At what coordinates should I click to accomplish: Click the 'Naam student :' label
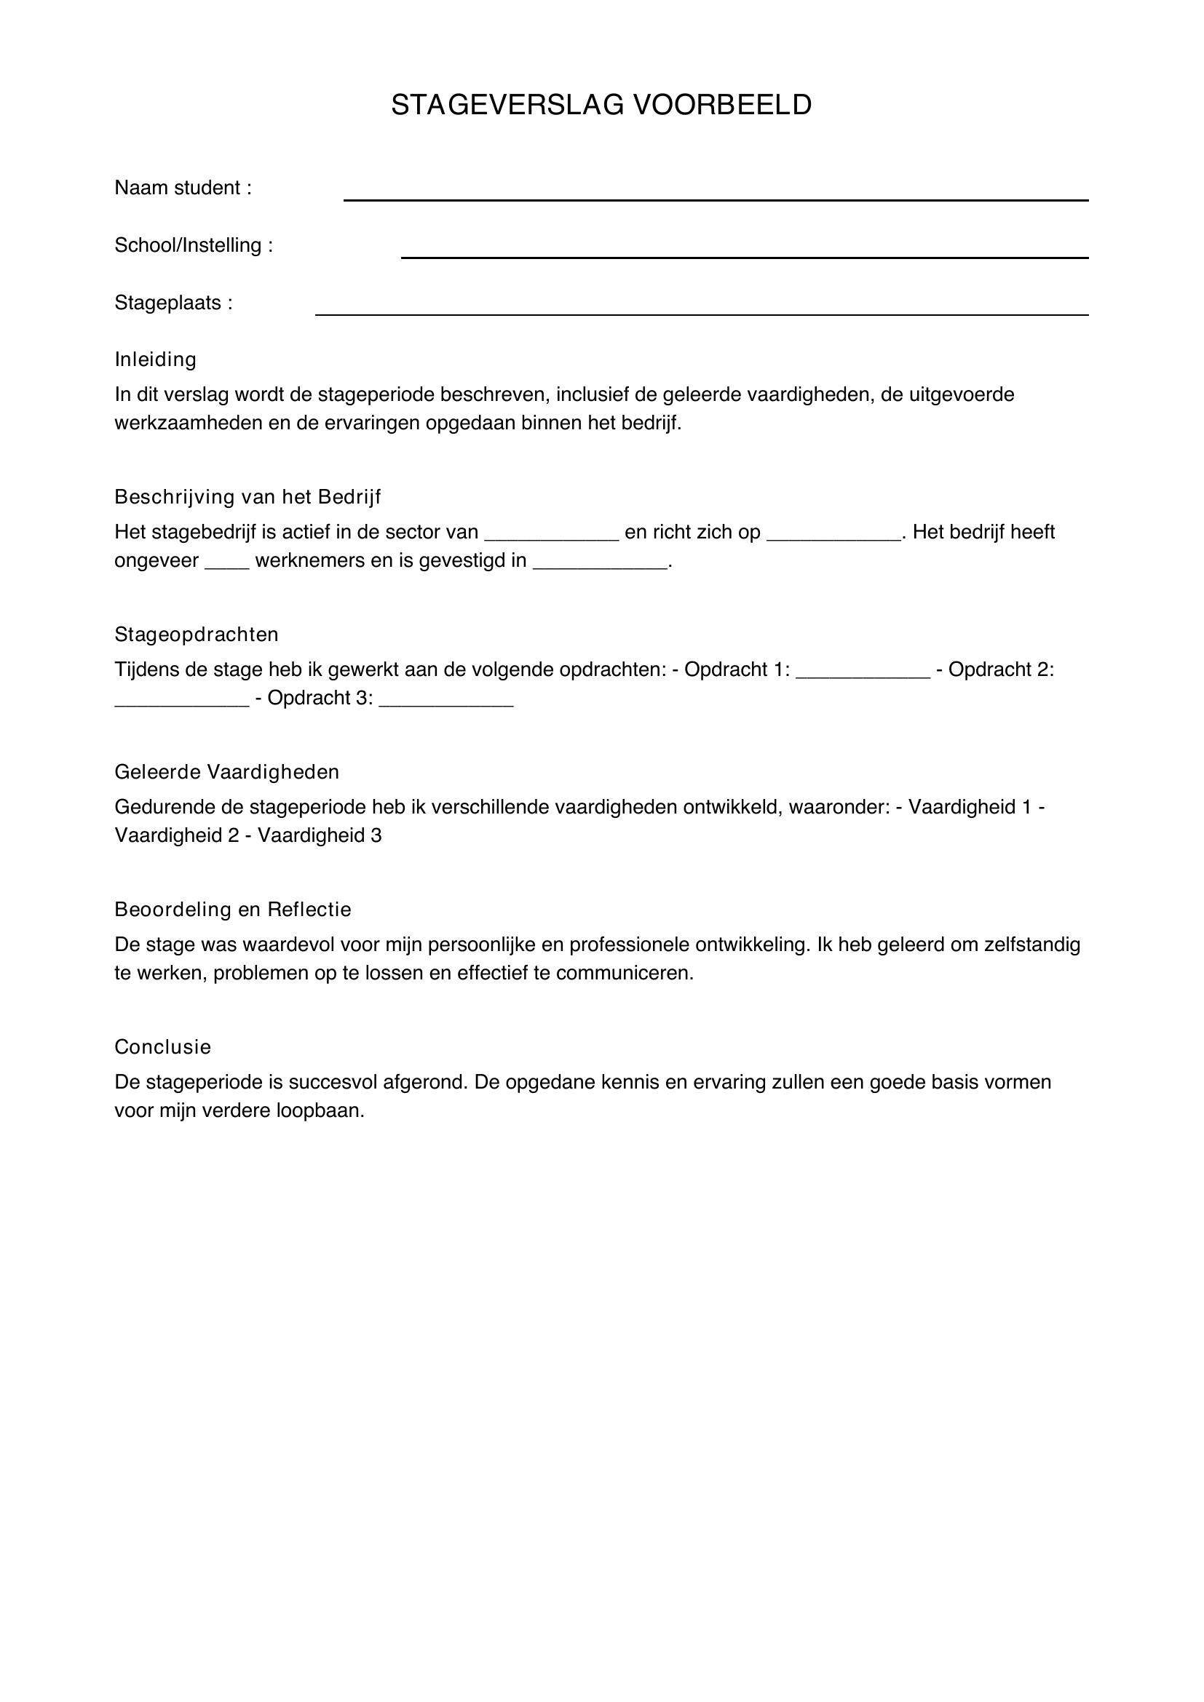click(183, 188)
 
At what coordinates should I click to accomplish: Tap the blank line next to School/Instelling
click(745, 256)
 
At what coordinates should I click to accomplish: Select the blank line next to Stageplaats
click(701, 314)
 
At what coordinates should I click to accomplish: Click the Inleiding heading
click(156, 359)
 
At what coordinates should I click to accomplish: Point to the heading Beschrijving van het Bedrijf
click(247, 497)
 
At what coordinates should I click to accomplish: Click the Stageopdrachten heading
click(197, 635)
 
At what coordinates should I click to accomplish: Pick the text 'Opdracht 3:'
click(320, 699)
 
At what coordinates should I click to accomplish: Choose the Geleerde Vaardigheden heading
click(227, 773)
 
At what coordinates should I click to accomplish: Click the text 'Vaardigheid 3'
click(320, 835)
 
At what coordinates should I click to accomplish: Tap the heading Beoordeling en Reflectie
click(233, 910)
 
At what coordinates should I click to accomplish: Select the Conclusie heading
click(163, 1047)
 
